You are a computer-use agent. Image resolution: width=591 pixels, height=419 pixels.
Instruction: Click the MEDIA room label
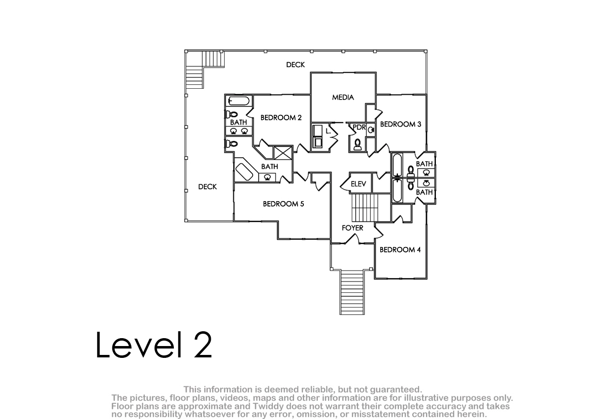(x=343, y=98)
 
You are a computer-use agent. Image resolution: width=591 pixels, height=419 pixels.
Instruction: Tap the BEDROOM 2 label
(x=281, y=117)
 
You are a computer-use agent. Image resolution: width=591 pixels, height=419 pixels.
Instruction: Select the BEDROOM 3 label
(x=400, y=124)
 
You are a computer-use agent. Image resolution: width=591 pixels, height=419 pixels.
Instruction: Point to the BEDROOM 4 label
(x=400, y=249)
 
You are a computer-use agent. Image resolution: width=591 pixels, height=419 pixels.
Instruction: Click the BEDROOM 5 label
(x=283, y=204)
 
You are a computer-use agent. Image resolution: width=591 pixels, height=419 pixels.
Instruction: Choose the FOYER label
(x=353, y=228)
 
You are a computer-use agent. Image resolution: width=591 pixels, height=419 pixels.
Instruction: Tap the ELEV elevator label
(x=359, y=184)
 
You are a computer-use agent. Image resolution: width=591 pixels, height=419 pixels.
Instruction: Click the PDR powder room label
(x=359, y=127)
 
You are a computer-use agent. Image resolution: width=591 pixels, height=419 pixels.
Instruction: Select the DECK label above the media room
(x=295, y=65)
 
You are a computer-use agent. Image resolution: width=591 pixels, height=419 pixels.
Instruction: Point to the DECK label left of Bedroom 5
(x=207, y=187)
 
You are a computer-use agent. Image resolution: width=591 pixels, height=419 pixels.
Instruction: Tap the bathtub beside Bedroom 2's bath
(x=239, y=101)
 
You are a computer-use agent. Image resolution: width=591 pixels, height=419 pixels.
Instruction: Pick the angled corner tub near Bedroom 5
(x=244, y=172)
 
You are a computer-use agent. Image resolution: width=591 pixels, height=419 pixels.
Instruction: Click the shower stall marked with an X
(x=283, y=153)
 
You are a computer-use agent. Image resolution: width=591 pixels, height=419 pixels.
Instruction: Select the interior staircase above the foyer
(x=371, y=208)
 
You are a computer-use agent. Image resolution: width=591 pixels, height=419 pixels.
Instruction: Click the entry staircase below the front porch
(x=352, y=292)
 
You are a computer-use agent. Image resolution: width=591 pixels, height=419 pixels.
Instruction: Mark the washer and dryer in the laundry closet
(x=317, y=136)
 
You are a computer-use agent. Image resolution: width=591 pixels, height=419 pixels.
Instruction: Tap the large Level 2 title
(x=154, y=345)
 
